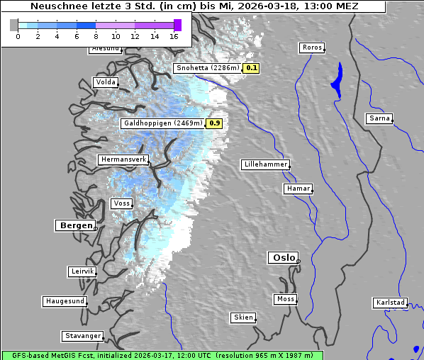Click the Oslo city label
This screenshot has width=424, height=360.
pos(283,258)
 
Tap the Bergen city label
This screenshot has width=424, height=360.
pos(74,225)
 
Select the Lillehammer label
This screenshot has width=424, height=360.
pos(265,164)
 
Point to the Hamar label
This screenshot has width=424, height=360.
pos(297,189)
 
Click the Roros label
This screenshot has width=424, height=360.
pos(312,47)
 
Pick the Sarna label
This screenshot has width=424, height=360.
pos(379,118)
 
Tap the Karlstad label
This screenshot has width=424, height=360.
pos(390,303)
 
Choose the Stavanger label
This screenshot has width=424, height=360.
pos(82,336)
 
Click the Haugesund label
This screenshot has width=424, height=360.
pos(65,301)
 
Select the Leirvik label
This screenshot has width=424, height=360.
pos(82,271)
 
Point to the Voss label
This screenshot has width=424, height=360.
pos(121,203)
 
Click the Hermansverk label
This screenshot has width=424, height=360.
pos(123,160)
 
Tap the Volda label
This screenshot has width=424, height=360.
pos(105,82)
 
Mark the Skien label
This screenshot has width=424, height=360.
pos(242,317)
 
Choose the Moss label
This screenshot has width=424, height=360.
pos(285,299)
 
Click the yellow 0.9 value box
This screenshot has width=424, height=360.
pos(214,123)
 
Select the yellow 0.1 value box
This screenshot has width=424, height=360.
pos(251,69)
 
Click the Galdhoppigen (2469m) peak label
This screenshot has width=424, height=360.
pos(163,123)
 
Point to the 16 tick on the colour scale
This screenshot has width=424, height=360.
pos(174,35)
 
